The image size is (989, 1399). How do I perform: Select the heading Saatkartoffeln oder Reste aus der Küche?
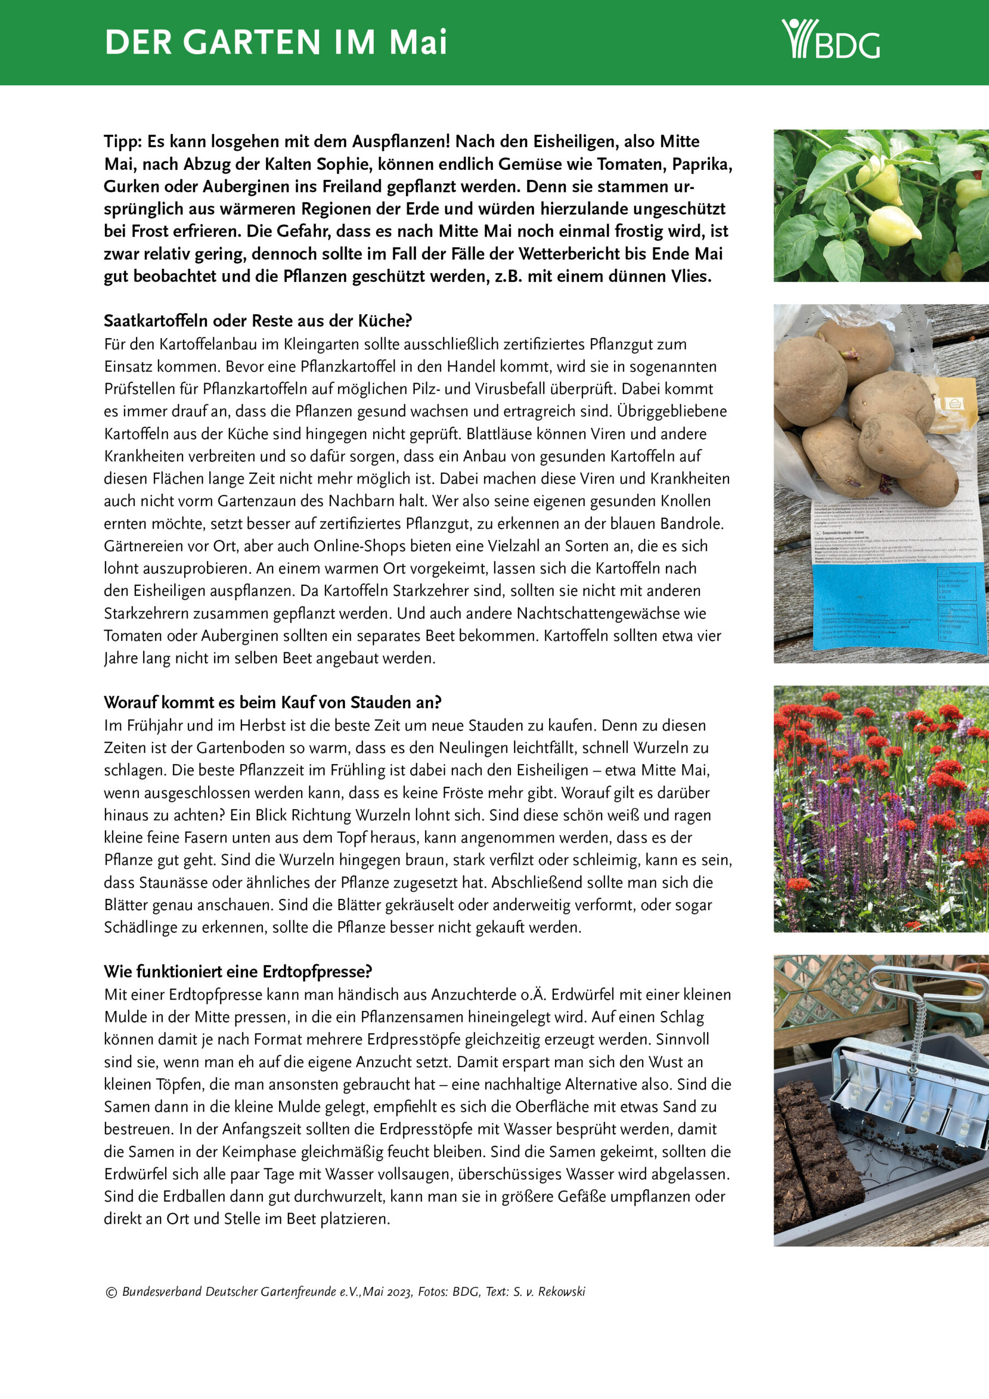pos(258,320)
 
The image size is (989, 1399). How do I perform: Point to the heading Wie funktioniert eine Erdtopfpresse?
pos(238,971)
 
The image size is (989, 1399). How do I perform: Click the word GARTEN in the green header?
pos(252,43)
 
